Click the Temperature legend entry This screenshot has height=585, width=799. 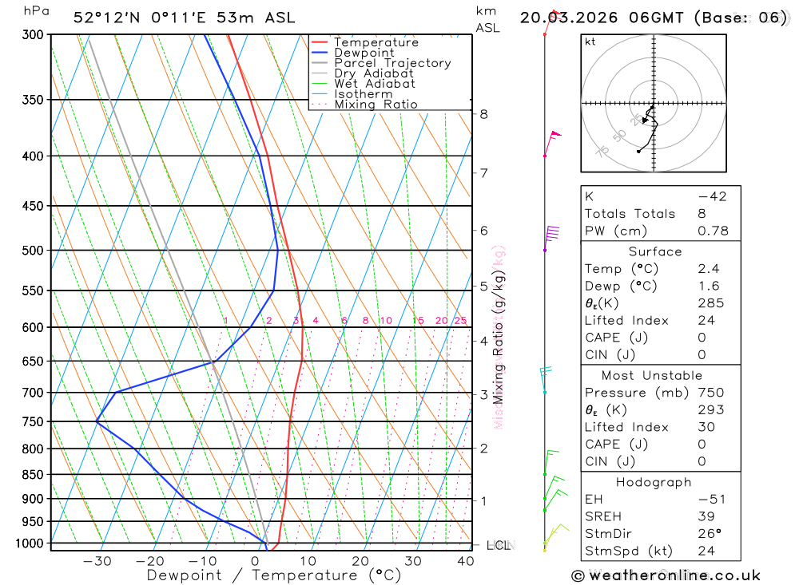click(x=376, y=42)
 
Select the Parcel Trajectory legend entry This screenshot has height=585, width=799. click(x=392, y=63)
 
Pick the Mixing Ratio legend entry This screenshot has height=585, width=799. click(x=376, y=105)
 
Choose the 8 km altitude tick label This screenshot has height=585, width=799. click(x=483, y=114)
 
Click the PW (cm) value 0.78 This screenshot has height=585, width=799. click(x=713, y=231)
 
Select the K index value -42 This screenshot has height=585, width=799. click(x=712, y=196)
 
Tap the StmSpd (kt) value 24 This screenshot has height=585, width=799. click(x=706, y=551)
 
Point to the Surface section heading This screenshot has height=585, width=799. click(x=655, y=251)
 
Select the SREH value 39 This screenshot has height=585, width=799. click(x=706, y=516)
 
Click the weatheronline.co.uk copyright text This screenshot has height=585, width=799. click(x=666, y=575)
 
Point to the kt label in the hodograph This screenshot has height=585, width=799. click(x=590, y=42)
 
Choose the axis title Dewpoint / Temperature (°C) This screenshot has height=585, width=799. click(x=274, y=575)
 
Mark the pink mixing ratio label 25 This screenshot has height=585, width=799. click(x=460, y=321)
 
